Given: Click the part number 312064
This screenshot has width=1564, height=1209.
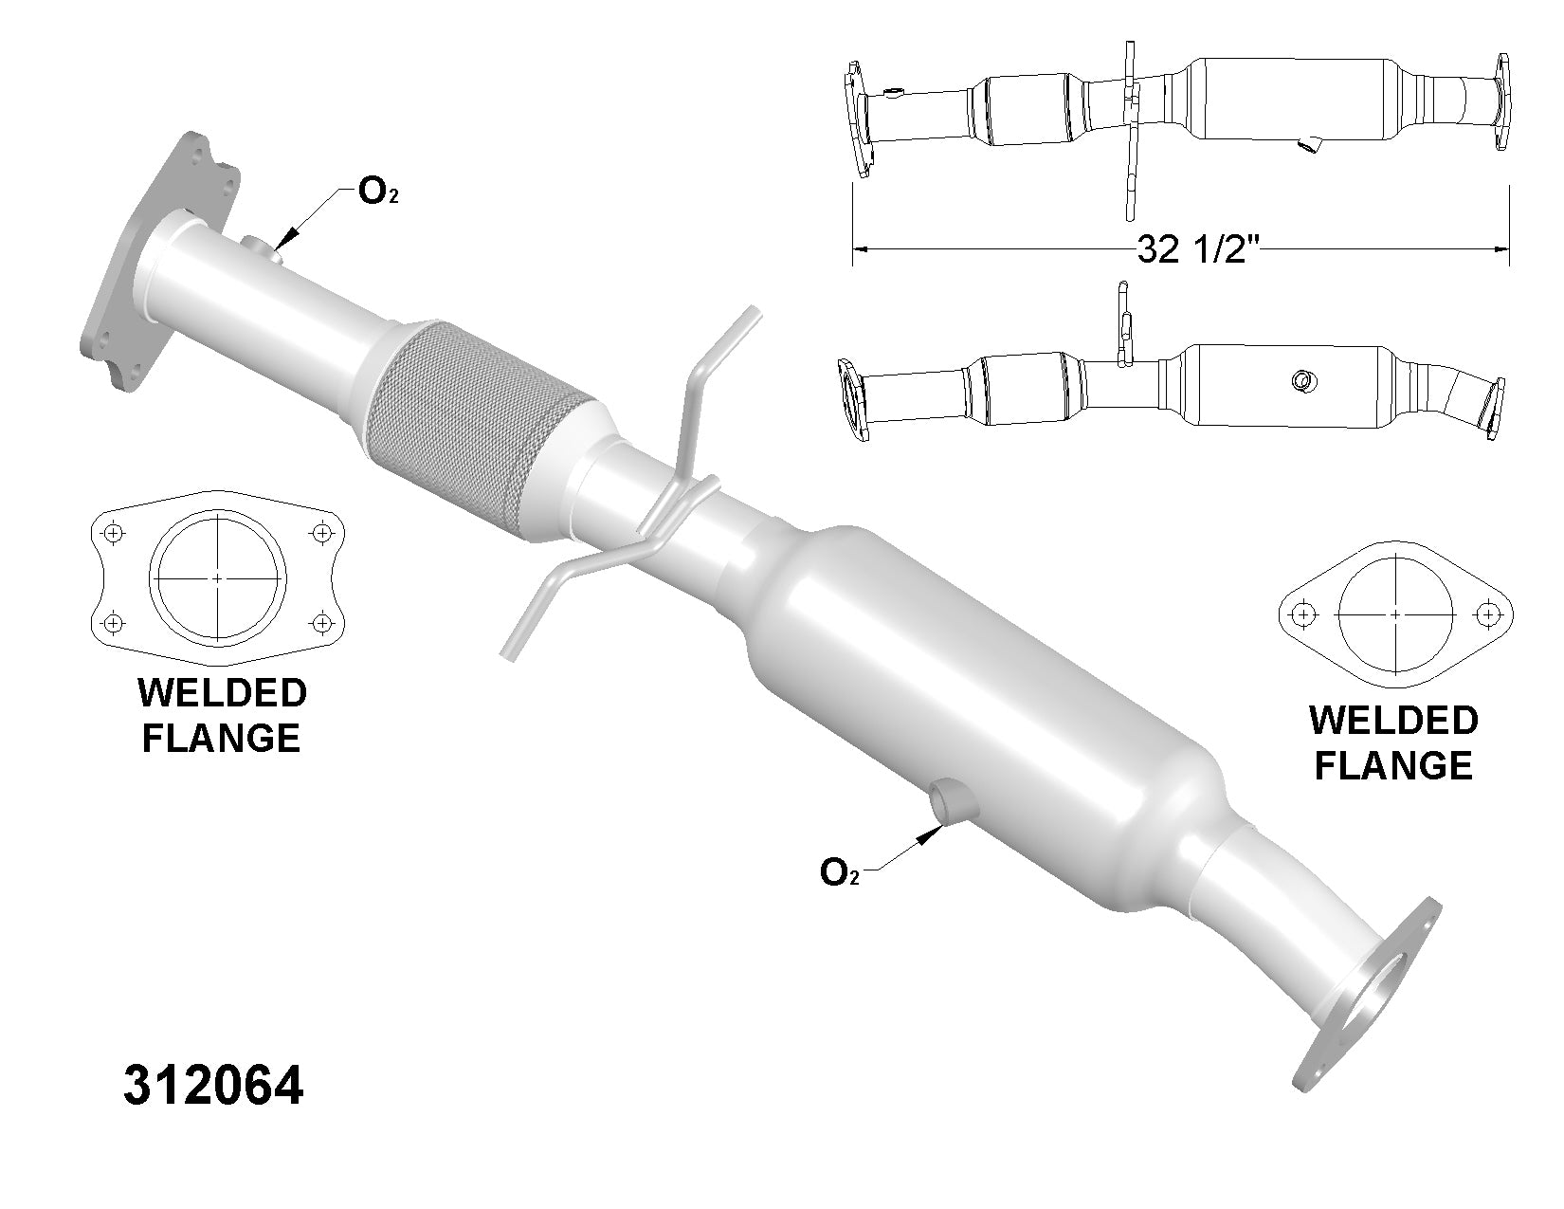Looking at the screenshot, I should tap(213, 1087).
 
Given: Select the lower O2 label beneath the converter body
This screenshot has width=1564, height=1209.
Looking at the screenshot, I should tap(840, 871).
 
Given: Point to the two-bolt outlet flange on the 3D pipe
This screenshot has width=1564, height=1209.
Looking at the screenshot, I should tap(1370, 1005).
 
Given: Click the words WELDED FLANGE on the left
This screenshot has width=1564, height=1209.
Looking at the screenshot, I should tap(222, 715).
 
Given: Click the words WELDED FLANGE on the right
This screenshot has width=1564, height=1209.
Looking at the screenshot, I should tap(1392, 743).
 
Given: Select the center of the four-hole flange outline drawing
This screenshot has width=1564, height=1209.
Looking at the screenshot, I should tap(217, 577).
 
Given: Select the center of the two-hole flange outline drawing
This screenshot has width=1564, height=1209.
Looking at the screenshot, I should tap(1395, 614).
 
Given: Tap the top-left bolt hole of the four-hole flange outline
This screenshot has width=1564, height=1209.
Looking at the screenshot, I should tap(114, 533).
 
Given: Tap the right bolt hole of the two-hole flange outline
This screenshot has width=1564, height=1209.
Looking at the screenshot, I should tap(1488, 614).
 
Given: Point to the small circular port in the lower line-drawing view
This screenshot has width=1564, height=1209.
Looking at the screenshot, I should tap(1301, 381).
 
